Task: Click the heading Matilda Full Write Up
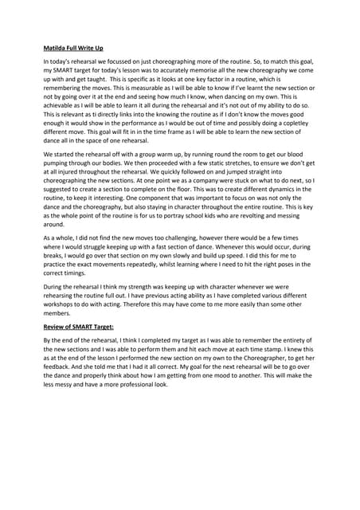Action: (74, 48)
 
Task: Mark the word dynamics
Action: (276, 215)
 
